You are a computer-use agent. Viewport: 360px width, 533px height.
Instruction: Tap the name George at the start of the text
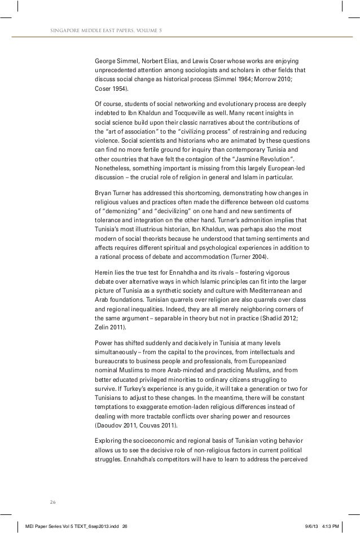(x=104, y=60)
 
